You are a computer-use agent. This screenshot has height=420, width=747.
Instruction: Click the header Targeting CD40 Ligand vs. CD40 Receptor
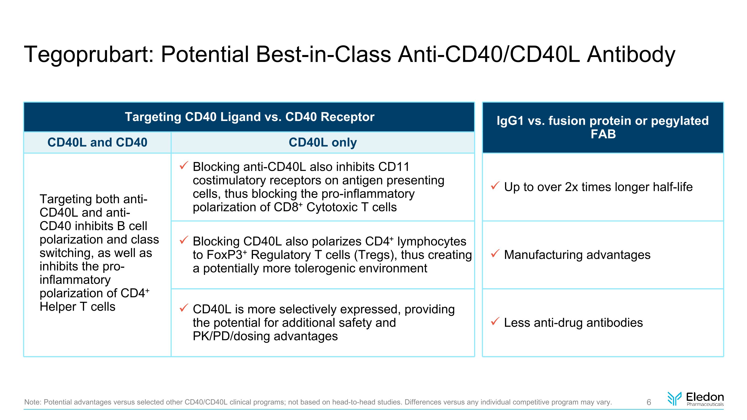(x=249, y=117)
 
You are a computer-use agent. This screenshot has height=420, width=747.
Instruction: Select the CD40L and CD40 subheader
(x=97, y=142)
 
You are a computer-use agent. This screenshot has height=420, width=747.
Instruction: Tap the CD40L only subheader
(x=322, y=142)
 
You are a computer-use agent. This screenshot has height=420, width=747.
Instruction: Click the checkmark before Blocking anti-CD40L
(x=184, y=166)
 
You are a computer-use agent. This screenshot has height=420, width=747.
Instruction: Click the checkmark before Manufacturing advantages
(x=495, y=253)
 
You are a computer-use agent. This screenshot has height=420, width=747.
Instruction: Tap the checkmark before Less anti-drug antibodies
(x=495, y=321)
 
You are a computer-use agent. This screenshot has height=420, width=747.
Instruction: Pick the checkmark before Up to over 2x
(x=495, y=185)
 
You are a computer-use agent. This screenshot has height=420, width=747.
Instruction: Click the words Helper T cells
(x=77, y=307)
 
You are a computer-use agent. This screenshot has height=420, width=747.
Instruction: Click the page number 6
(x=649, y=402)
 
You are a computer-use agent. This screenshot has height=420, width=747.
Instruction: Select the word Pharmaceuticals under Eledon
(x=705, y=404)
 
